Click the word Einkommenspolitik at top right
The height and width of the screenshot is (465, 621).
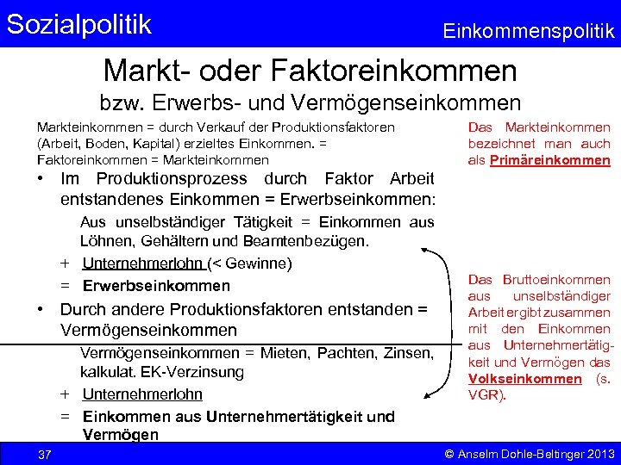coord(528,32)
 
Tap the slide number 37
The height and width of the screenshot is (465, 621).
coord(44,454)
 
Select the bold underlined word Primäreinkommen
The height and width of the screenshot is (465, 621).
coord(549,160)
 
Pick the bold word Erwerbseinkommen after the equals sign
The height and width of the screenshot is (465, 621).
coord(156,286)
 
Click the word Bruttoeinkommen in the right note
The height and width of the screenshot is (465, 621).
coord(555,280)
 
